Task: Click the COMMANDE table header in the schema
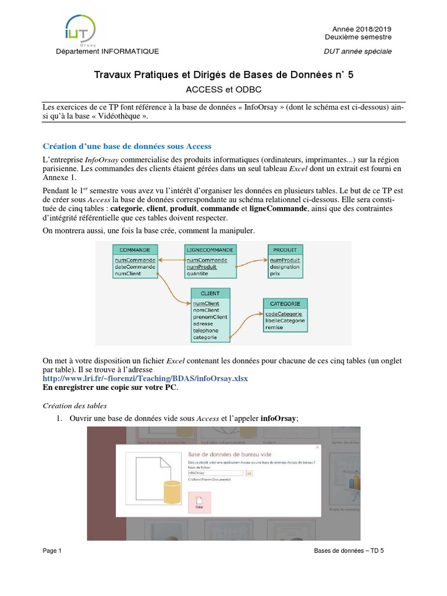(135, 250)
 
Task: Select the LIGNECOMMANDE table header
(210, 250)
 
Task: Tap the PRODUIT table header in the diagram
(285, 250)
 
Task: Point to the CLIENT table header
(210, 294)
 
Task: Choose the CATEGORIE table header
(285, 304)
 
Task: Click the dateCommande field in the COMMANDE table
(135, 267)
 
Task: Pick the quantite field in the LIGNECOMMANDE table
(197, 274)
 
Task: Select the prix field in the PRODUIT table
(275, 274)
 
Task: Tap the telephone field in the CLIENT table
(205, 331)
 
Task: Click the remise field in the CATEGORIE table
(274, 327)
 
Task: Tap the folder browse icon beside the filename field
(249, 474)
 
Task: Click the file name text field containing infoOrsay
(216, 474)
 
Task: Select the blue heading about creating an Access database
(127, 146)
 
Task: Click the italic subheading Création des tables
(76, 405)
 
